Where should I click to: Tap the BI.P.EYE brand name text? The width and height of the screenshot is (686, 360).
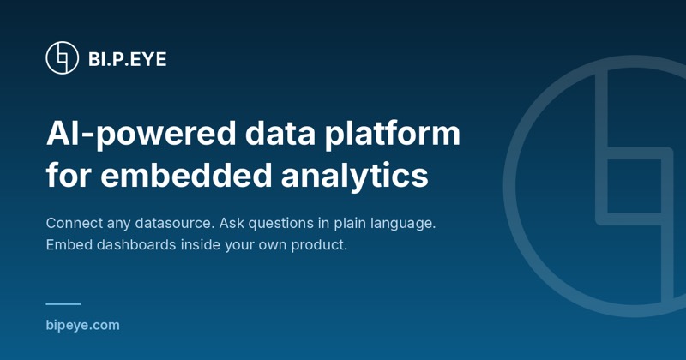click(127, 59)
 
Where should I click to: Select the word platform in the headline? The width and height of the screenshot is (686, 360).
click(392, 134)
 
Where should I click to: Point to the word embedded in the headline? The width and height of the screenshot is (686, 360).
click(186, 176)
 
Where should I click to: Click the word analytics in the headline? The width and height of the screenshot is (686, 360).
click(354, 177)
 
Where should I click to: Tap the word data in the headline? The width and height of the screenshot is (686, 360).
click(280, 133)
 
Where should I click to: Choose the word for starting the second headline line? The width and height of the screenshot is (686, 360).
click(69, 176)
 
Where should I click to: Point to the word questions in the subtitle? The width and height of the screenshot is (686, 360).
click(281, 224)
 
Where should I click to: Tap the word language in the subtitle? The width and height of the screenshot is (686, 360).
click(403, 224)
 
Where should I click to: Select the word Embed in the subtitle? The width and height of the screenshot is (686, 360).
click(69, 244)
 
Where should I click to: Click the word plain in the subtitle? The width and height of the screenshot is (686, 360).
click(350, 224)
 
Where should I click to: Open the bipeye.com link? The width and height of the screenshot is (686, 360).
click(82, 326)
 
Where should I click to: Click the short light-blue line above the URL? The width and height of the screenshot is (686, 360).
click(63, 304)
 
